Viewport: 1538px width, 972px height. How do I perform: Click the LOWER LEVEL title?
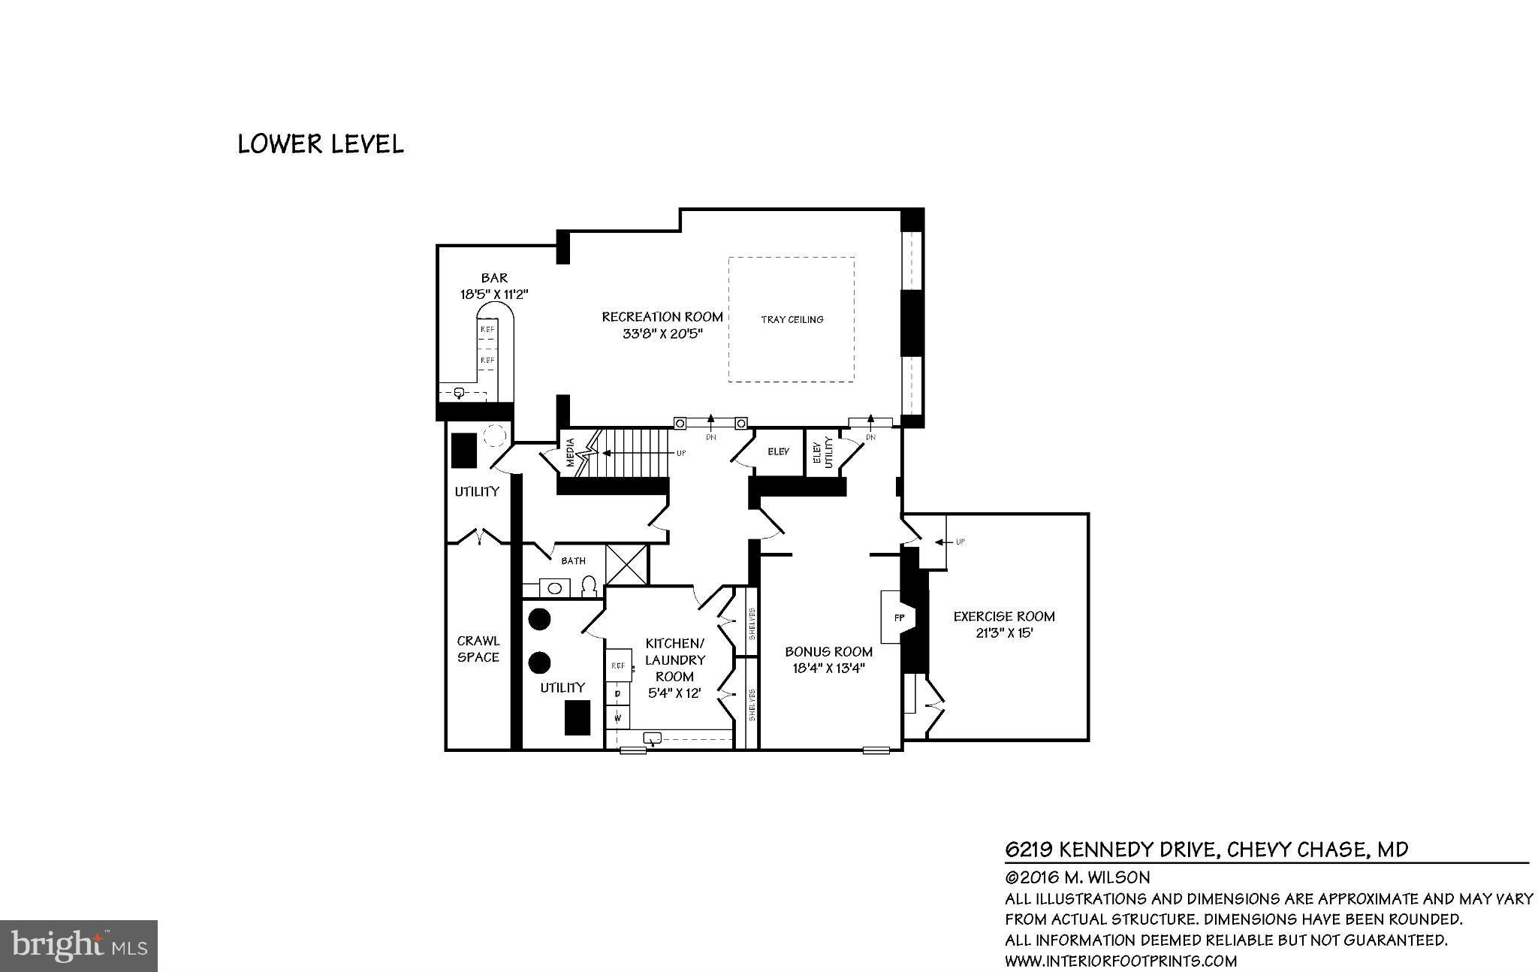click(321, 143)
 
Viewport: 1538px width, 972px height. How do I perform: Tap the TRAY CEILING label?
click(792, 319)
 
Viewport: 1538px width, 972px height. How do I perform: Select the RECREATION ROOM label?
click(662, 317)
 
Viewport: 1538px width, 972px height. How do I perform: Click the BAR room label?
click(494, 278)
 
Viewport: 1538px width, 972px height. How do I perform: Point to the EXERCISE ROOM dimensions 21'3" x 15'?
click(1004, 633)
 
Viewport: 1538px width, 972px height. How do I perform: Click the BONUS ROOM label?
click(828, 651)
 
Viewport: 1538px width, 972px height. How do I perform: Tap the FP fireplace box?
click(898, 617)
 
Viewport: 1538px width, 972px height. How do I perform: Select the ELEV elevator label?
click(778, 451)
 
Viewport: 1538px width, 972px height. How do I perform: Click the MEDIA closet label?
click(570, 452)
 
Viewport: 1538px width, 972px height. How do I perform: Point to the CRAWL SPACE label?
click(478, 649)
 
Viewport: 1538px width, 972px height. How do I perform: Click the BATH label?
click(573, 560)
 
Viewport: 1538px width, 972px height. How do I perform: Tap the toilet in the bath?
click(590, 586)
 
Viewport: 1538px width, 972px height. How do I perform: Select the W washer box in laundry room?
click(618, 717)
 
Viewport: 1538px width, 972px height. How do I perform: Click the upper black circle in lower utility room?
click(539, 619)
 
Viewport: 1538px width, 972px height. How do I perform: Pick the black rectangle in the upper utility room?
click(464, 451)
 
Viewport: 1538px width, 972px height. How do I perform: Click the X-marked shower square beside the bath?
click(626, 564)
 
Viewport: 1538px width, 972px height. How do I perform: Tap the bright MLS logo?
click(79, 945)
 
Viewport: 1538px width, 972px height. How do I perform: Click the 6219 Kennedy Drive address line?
click(1206, 850)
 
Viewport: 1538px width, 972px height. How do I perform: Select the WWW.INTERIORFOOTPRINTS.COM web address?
click(1120, 961)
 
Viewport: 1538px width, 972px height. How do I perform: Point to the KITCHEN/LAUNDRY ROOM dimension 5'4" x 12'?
click(674, 693)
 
